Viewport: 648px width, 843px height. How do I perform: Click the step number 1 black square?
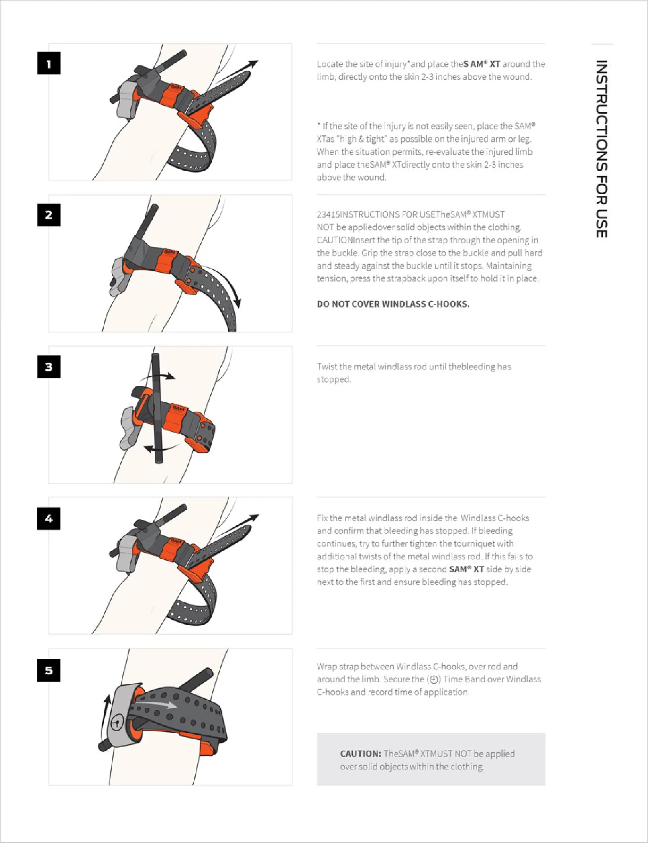[x=49, y=63]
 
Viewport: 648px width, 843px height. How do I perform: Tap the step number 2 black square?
[x=49, y=215]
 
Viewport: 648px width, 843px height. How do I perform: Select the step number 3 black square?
[x=49, y=367]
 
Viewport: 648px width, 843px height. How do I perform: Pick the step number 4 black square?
[x=49, y=518]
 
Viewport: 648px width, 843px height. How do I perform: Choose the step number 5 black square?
[x=49, y=670]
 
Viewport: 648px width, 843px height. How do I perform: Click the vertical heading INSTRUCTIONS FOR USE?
[x=601, y=149]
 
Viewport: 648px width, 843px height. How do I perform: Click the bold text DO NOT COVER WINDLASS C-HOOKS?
[x=393, y=304]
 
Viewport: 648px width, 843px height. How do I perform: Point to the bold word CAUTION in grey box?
[x=360, y=754]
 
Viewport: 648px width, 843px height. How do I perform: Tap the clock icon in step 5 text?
[x=434, y=680]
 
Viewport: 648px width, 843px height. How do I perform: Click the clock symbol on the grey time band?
[x=117, y=722]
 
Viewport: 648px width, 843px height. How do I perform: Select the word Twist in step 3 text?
[x=326, y=367]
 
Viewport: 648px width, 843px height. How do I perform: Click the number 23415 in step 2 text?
[x=328, y=215]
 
